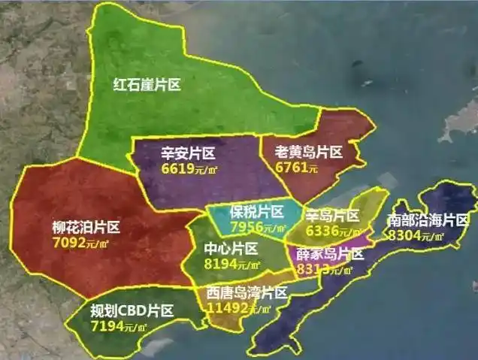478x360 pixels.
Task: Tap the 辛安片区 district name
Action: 188,153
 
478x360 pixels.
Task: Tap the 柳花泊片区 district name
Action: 86,227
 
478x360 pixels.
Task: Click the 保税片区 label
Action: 256,211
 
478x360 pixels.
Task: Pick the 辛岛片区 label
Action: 331,215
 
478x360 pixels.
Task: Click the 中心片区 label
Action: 231,248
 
